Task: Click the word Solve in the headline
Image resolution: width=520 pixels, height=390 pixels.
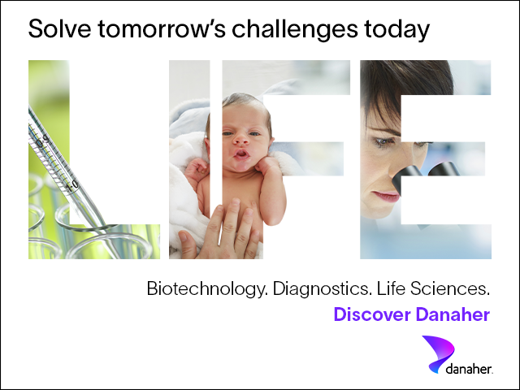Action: coord(59,28)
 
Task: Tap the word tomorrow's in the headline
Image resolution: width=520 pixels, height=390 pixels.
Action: coord(162,28)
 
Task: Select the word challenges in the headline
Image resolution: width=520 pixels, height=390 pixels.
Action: coord(295,30)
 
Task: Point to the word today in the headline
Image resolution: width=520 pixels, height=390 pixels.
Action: coord(396,30)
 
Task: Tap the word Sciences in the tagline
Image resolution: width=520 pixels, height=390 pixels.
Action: coord(450,288)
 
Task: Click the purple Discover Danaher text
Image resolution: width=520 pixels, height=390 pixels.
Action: coord(412,314)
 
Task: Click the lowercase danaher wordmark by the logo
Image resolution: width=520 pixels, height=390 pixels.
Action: coord(470,369)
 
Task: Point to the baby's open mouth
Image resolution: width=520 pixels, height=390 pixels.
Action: coord(242,154)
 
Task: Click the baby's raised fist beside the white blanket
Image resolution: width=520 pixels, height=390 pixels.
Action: coord(197,168)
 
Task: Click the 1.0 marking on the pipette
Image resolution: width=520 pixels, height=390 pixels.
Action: coord(72,186)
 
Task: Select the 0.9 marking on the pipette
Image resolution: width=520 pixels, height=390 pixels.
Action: coord(42,141)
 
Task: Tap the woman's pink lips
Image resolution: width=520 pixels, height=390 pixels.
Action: coord(387,197)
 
